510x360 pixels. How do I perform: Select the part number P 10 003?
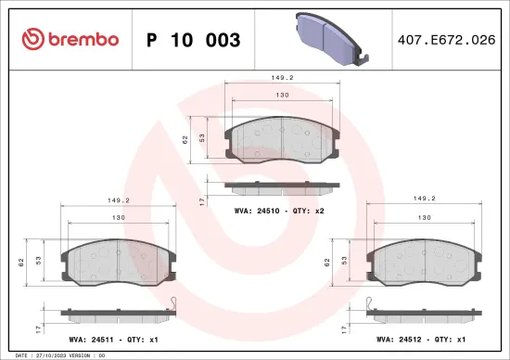pyautogui.click(x=194, y=40)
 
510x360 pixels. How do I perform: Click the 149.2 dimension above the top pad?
pyautogui.click(x=284, y=79)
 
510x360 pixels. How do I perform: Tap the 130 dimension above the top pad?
pyautogui.click(x=284, y=95)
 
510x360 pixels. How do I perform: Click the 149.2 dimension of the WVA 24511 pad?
pyautogui.click(x=119, y=199)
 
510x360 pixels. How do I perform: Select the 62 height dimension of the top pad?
pyautogui.click(x=185, y=139)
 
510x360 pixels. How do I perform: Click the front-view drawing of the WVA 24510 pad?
pyautogui.click(x=283, y=142)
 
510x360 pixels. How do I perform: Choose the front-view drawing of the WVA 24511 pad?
pyautogui.click(x=118, y=262)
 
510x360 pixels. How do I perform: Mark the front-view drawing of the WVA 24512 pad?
pyautogui.click(x=424, y=262)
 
